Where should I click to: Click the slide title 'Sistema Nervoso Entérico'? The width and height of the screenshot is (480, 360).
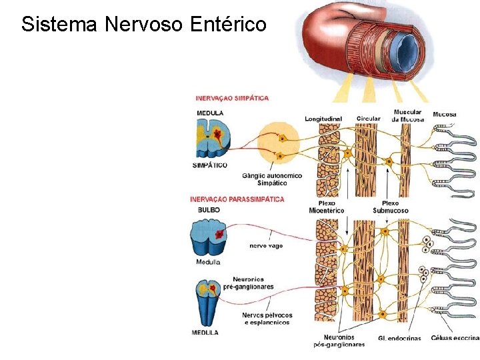coord(143,25)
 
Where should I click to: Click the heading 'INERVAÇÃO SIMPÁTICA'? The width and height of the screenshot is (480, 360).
coord(232,98)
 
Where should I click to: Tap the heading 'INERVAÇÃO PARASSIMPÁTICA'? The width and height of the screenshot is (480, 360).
coord(237,199)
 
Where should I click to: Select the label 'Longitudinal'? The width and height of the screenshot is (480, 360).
coord(323,119)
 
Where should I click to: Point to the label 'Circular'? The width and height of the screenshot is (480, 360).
coord(368,119)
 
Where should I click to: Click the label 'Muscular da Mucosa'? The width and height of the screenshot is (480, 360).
coord(407,115)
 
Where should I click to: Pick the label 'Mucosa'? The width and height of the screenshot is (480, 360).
coord(445,114)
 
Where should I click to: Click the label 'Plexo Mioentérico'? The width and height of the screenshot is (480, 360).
coord(327,207)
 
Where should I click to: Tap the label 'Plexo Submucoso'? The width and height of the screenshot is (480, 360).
coord(390,207)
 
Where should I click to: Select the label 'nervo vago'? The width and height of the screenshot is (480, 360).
coord(266,245)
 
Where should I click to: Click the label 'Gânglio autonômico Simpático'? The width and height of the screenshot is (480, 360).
coord(272,179)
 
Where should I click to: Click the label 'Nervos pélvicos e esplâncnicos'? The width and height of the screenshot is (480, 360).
coord(267,319)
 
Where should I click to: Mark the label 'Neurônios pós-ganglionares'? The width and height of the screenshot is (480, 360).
coord(339,341)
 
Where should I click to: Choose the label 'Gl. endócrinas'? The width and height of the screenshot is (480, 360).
coord(399,338)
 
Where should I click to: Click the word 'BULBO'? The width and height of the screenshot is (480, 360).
coord(209,209)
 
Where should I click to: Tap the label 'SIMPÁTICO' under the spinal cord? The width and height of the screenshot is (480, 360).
coord(209,165)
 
